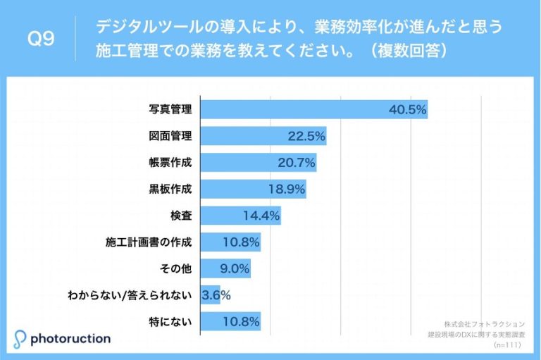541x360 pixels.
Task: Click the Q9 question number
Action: (40, 40)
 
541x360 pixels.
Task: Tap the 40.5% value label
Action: (408, 110)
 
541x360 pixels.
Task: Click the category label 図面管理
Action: (170, 136)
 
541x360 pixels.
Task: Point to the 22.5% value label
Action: (306, 136)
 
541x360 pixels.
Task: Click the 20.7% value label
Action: (296, 163)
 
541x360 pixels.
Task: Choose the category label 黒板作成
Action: (170, 189)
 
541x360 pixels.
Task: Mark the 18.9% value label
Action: (286, 189)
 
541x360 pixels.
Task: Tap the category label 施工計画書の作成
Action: (148, 242)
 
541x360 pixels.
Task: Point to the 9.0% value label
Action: (234, 268)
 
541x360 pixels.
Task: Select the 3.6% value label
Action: (216, 295)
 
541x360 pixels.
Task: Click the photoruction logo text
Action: (70, 339)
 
